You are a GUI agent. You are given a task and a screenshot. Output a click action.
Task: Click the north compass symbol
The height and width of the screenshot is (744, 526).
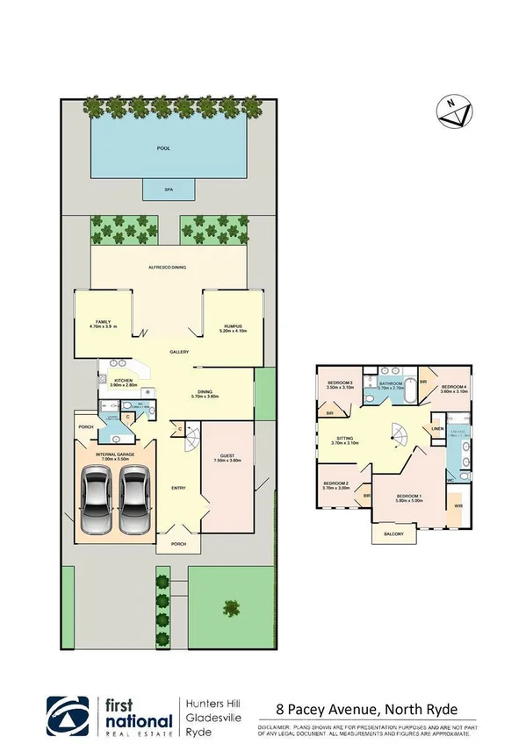click(x=454, y=110)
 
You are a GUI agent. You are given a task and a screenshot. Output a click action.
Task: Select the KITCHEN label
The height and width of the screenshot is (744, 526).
click(x=123, y=382)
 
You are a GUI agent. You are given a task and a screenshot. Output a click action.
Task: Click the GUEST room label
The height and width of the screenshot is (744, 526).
click(x=226, y=456)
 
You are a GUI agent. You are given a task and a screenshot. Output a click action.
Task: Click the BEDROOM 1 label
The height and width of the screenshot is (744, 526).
click(x=408, y=497)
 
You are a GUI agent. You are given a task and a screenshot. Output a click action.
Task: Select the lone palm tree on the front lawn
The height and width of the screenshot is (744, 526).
click(x=232, y=607)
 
